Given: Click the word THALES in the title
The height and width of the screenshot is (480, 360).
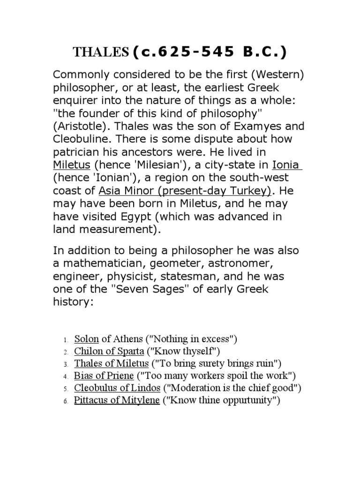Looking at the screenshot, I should pyautogui.click(x=100, y=52).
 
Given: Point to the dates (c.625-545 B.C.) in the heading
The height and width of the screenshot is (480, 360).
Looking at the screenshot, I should pyautogui.click(x=209, y=52).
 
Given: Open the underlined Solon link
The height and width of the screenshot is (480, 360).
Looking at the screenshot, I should pyautogui.click(x=83, y=339).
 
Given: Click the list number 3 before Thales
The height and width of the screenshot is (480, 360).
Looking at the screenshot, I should pyautogui.click(x=67, y=364).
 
